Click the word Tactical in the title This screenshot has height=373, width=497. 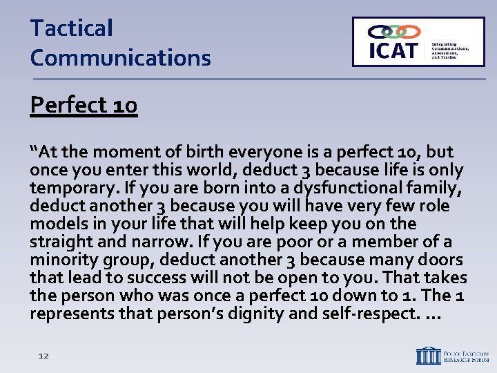pos(71,28)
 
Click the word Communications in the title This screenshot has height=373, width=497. pos(120,57)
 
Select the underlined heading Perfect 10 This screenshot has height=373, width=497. pos(84,105)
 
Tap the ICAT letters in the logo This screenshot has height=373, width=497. pos(393,50)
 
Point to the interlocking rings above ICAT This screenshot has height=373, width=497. pos(394,32)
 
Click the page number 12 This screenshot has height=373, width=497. pos(43,355)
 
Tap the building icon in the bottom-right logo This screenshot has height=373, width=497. pos(428,355)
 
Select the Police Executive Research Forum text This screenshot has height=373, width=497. pos(466,355)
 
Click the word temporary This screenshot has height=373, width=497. pos(72,188)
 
